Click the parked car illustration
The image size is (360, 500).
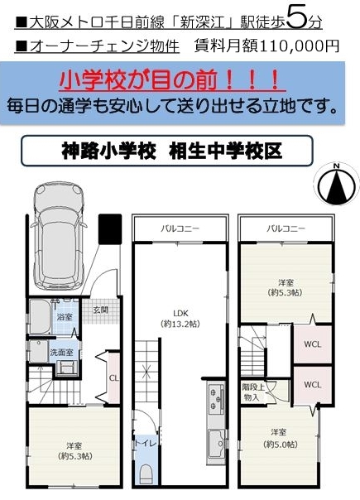59,235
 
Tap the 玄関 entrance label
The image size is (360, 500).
101,310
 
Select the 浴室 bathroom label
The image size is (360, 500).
65,317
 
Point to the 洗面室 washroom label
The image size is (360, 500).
61,353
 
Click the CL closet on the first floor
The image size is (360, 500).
114,377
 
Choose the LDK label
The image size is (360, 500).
181,313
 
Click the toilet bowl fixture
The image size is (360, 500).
146,474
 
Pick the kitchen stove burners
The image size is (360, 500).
215,398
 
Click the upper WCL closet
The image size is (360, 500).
313,344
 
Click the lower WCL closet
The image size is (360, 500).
313,385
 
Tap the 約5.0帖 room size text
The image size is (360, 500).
281,445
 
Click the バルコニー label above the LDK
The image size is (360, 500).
180,228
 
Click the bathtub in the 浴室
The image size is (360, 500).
41,317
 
